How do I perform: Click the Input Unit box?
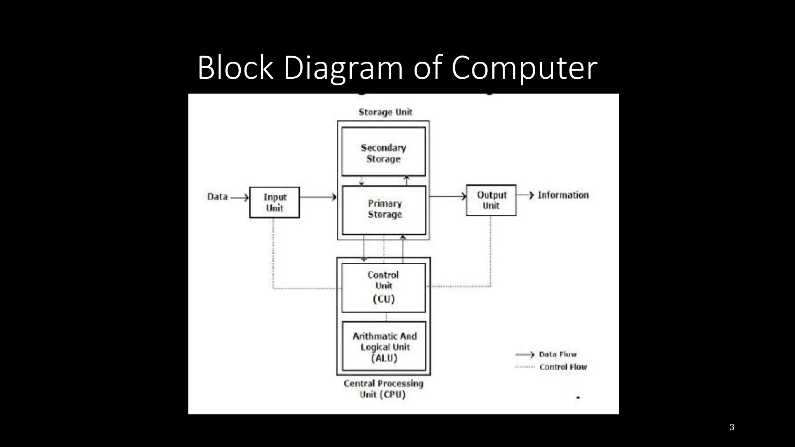(274, 202)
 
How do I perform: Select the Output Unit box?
(491, 200)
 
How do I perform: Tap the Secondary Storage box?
(384, 152)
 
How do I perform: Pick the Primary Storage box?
(384, 210)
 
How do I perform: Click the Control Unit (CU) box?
(384, 288)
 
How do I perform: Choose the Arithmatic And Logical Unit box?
(384, 346)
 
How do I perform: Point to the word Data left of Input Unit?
(217, 197)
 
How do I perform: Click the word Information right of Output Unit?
(563, 195)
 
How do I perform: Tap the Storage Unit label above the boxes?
(385, 112)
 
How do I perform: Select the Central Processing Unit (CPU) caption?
(383, 389)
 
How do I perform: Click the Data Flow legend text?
(558, 354)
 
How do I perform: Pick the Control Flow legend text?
(563, 367)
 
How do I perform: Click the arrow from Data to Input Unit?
(240, 198)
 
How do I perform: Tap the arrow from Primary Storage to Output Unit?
(448, 196)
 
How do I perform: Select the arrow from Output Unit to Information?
(526, 195)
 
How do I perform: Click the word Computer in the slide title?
(524, 68)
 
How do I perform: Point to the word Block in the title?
(235, 68)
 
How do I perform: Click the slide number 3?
(732, 427)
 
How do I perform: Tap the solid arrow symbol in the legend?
(524, 355)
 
